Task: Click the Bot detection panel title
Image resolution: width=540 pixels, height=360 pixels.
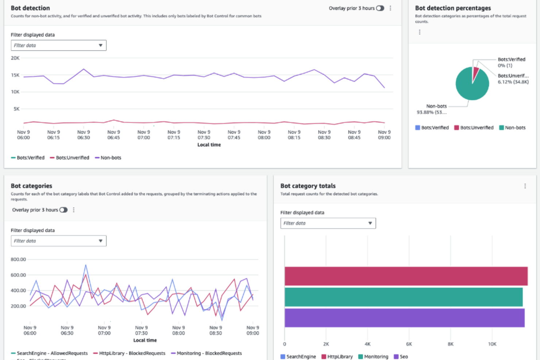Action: [x=30, y=8]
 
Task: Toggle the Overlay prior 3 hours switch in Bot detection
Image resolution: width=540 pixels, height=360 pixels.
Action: [x=380, y=8]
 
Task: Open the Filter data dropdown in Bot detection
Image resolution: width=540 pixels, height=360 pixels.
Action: [x=58, y=45]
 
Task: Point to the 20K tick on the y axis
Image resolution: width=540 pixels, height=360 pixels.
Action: [x=15, y=58]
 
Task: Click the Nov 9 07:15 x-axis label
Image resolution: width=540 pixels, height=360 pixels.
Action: [x=174, y=135]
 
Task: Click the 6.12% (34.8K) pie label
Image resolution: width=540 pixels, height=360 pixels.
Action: [x=513, y=82]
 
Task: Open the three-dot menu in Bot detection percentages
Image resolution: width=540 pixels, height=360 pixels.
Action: [x=420, y=32]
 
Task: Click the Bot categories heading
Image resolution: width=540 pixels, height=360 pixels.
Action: [x=31, y=186]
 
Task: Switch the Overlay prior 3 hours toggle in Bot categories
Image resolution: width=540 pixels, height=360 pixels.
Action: [x=63, y=210]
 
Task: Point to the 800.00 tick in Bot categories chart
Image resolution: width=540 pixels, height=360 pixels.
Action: [x=18, y=259]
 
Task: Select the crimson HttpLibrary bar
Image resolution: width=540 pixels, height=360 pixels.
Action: [x=406, y=276]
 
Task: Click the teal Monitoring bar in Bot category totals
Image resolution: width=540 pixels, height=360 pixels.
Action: [x=403, y=297]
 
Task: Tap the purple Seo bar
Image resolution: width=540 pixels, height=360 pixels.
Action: [x=404, y=318]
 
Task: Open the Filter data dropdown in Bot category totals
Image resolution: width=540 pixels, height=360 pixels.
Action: [x=328, y=223]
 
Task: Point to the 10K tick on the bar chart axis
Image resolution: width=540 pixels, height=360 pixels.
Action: [x=492, y=344]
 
